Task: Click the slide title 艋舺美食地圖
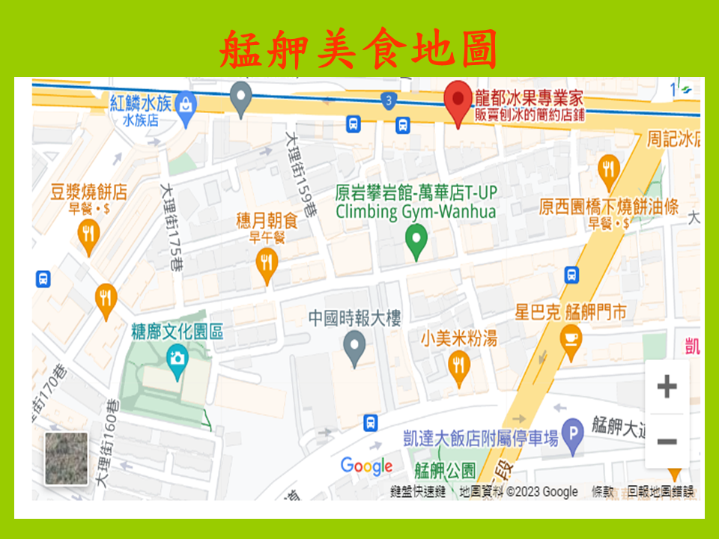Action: pyautogui.click(x=359, y=49)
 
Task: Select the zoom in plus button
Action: pyautogui.click(x=666, y=387)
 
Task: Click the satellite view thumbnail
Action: pyautogui.click(x=66, y=458)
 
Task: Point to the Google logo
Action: pyautogui.click(x=366, y=466)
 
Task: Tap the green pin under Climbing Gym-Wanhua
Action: pyautogui.click(x=416, y=241)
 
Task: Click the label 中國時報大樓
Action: pyautogui.click(x=354, y=318)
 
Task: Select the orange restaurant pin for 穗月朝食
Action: pyautogui.click(x=267, y=263)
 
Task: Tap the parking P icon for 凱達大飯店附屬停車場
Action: pyautogui.click(x=573, y=433)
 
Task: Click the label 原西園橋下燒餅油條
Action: pyautogui.click(x=608, y=206)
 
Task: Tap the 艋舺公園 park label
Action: pyautogui.click(x=445, y=471)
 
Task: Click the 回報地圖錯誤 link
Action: pyautogui.click(x=661, y=492)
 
